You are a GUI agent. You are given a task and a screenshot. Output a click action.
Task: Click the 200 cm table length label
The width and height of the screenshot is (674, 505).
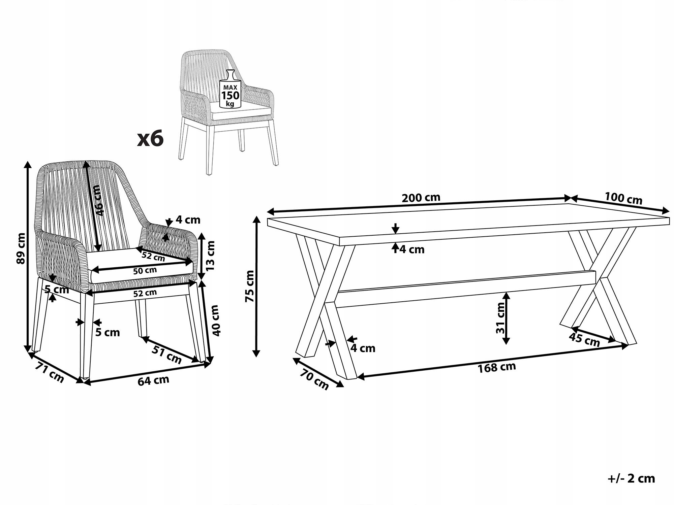coord(421,197)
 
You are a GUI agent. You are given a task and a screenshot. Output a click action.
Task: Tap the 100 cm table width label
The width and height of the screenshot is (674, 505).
coord(623,198)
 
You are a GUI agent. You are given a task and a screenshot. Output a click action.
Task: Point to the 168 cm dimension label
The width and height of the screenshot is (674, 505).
coord(497,367)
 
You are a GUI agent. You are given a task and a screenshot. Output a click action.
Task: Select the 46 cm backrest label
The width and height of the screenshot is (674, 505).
coord(97,200)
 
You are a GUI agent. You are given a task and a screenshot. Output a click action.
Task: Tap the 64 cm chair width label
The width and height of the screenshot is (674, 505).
coord(153,380)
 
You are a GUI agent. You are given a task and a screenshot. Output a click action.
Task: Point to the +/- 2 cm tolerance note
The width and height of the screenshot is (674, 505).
coord(631,478)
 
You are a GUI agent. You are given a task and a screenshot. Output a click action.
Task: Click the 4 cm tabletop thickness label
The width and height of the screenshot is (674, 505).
coord(412,249)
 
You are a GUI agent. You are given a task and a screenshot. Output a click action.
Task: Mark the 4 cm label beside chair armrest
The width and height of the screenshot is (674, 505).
coord(188,220)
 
